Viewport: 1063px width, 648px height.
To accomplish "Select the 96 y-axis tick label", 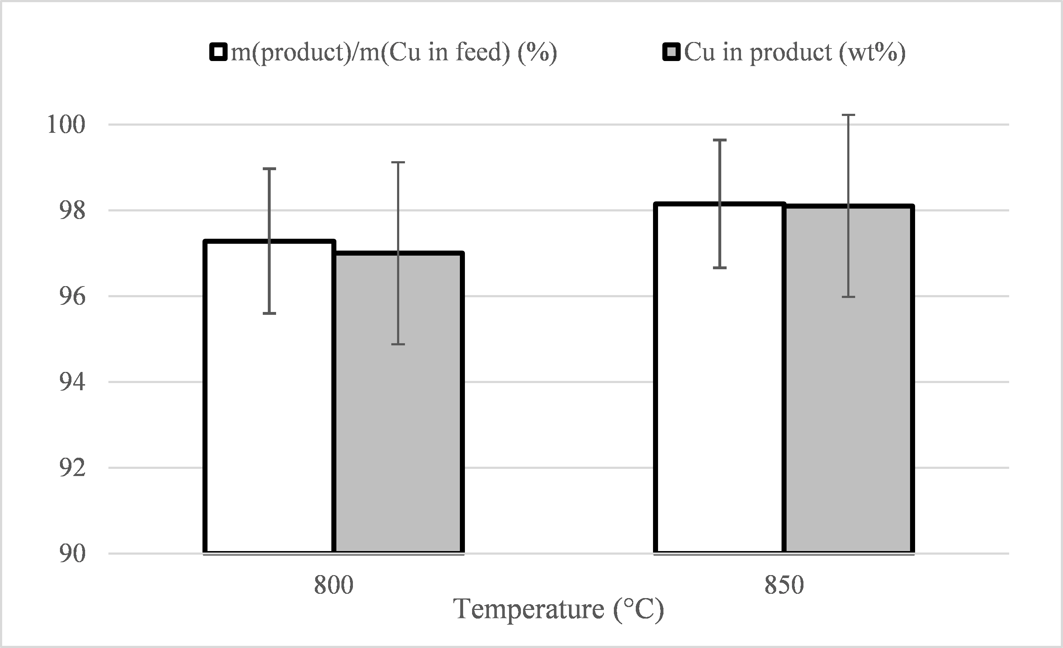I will tap(71, 297).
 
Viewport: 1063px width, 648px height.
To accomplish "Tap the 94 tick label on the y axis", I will tap(71, 382).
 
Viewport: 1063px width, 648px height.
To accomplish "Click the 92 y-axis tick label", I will tap(71, 468).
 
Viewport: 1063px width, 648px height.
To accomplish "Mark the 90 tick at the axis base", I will tap(71, 554).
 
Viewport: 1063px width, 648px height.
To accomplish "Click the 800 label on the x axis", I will tap(334, 586).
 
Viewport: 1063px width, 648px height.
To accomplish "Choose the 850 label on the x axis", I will tap(784, 586).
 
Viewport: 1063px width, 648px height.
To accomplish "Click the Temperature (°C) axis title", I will tap(559, 609).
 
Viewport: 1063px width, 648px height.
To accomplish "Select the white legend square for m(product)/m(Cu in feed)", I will tap(219, 52).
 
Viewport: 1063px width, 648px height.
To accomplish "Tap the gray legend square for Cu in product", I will tap(672, 52).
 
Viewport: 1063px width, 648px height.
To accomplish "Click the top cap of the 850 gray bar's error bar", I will tap(848, 115).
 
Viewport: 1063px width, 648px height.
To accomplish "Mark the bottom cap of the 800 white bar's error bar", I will tap(270, 313).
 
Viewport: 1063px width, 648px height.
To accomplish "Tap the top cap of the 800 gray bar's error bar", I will tap(398, 163).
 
